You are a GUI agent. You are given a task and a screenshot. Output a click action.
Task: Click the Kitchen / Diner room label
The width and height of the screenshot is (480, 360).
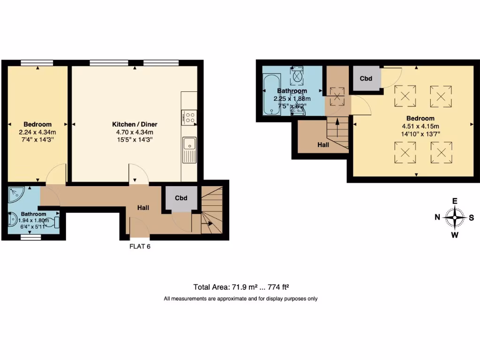135,124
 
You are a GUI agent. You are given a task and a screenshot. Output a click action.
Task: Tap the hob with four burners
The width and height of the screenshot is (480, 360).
189,117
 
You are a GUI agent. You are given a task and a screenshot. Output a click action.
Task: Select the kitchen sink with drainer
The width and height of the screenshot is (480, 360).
189,150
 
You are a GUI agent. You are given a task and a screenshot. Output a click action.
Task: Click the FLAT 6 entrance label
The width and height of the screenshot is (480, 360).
140,246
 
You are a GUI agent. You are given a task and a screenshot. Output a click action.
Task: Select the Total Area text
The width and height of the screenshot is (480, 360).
243,287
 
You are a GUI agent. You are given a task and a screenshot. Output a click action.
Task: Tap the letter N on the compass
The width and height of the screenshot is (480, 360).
437,217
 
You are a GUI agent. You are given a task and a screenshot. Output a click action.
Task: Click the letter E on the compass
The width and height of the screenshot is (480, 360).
454,201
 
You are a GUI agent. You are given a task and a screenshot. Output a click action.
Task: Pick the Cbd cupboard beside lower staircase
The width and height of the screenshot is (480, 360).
181,198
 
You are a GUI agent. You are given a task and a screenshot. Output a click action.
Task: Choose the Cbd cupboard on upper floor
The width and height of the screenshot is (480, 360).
366,79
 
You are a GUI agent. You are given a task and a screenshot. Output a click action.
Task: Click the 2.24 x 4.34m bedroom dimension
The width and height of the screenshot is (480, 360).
37,132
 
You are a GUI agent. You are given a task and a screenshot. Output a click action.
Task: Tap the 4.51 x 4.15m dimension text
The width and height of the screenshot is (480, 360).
420,126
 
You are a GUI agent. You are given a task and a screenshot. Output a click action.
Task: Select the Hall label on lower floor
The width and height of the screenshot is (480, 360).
143,207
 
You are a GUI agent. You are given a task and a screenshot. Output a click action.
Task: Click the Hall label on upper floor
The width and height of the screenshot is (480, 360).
323,145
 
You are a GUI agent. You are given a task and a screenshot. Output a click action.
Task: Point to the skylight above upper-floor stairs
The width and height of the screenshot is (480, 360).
337,98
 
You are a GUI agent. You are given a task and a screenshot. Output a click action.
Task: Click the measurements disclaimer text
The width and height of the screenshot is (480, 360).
240,299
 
